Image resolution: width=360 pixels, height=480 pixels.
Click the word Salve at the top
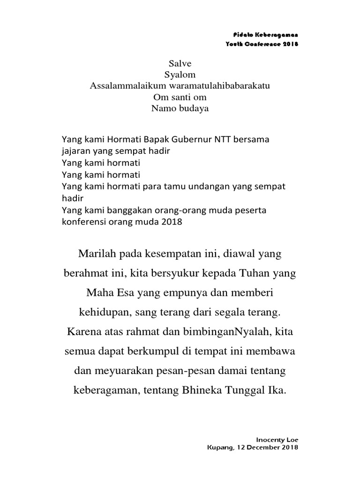point(180,63)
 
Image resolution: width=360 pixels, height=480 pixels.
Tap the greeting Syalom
point(180,74)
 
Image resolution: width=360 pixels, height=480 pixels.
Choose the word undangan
point(207,187)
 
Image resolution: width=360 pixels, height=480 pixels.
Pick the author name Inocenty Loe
point(277,440)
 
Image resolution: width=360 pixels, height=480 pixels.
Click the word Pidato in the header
point(242,36)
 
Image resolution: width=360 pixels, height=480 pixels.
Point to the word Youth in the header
point(234,44)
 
